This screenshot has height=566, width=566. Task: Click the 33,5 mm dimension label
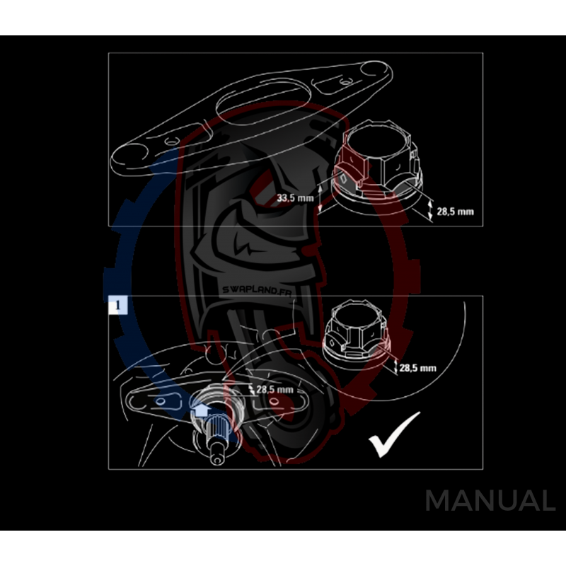coord(295,198)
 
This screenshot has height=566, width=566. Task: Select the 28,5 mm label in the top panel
coord(455,212)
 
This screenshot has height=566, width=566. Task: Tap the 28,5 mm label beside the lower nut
coord(417,368)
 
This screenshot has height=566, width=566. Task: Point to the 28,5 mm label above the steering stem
coord(275,390)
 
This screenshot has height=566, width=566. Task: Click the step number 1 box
coord(117,305)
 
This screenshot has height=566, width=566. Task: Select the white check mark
coord(394,434)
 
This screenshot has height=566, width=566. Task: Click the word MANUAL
coord(490,501)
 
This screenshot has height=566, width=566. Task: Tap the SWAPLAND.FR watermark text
coord(257,290)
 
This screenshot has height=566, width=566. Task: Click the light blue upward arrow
coord(201,410)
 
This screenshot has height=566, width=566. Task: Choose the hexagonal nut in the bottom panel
coord(357,331)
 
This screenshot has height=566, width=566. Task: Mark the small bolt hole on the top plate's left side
coord(171,140)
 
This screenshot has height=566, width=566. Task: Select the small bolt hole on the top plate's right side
coord(345,81)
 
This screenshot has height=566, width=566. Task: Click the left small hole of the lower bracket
coord(161,401)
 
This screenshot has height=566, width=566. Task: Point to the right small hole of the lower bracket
coord(274,400)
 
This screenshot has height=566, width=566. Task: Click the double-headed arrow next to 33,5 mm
coord(320,198)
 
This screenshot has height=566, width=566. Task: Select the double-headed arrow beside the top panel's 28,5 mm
coord(430,210)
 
